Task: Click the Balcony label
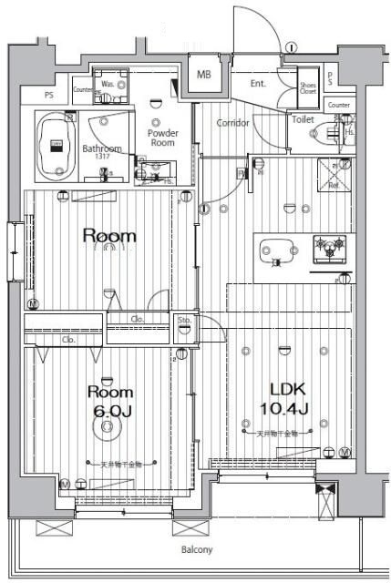195,549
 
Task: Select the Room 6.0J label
111,402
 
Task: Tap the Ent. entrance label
259,84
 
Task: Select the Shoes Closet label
308,87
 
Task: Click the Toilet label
303,119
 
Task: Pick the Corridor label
232,123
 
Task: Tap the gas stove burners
329,246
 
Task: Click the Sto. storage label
183,321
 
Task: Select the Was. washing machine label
108,85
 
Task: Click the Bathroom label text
101,148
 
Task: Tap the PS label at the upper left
48,93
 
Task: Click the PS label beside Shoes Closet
330,78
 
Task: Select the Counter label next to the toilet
338,105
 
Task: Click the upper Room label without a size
109,237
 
